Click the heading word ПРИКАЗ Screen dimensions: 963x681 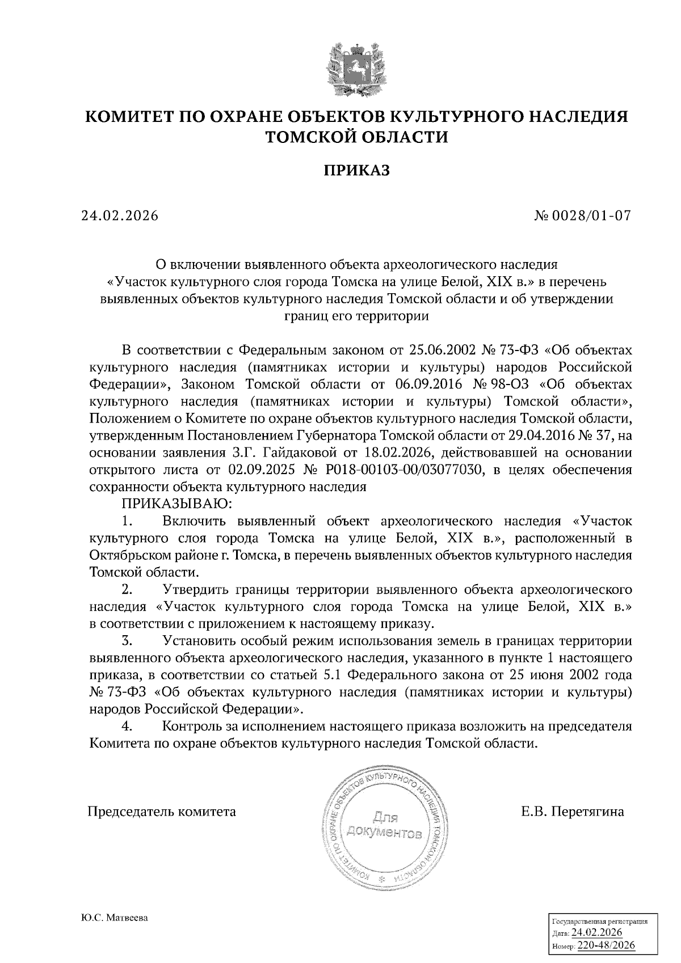pos(357,170)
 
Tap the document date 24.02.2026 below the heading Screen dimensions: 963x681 pos(119,216)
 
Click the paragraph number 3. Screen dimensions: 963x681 pos(127,641)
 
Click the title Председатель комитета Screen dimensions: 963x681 pos(162,812)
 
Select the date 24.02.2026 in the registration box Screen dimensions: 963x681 pos(596,934)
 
